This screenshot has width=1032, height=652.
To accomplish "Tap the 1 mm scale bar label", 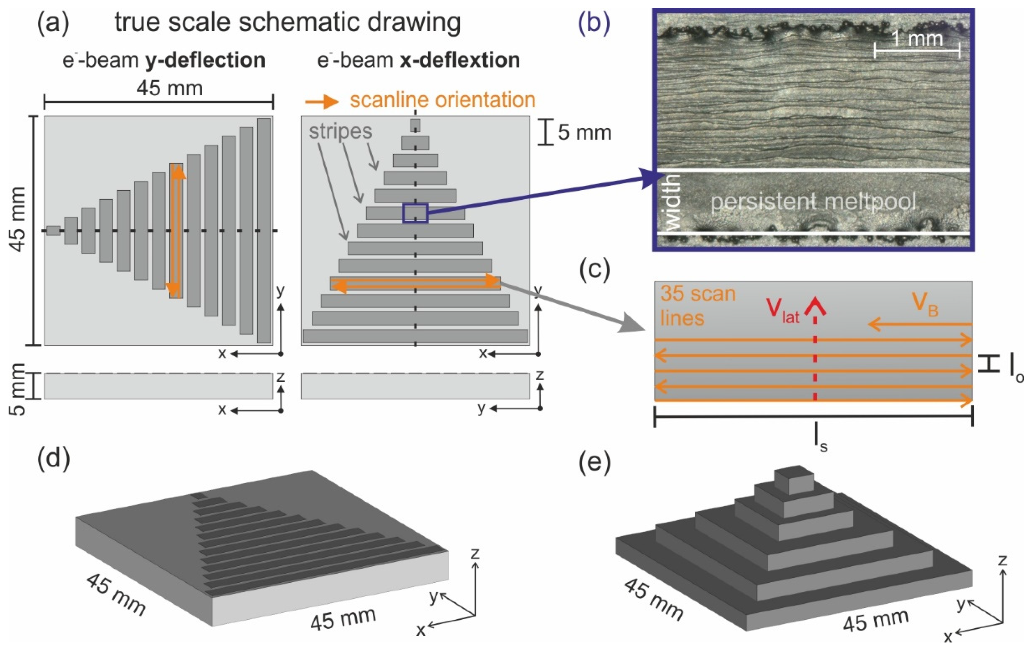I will pyautogui.click(x=917, y=39).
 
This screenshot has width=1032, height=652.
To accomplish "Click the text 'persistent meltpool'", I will pyautogui.click(x=813, y=202).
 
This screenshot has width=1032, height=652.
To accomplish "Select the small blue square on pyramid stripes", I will pyautogui.click(x=415, y=213).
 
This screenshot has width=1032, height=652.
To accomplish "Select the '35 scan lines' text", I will pyautogui.click(x=698, y=306).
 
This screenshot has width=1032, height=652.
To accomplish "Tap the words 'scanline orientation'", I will pyautogui.click(x=442, y=100).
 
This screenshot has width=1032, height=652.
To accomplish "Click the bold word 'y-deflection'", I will pyautogui.click(x=206, y=60).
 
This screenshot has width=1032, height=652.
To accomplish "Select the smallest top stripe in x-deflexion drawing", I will pyautogui.click(x=415, y=125).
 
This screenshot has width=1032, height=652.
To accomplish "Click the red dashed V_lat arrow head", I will pyautogui.click(x=815, y=306).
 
